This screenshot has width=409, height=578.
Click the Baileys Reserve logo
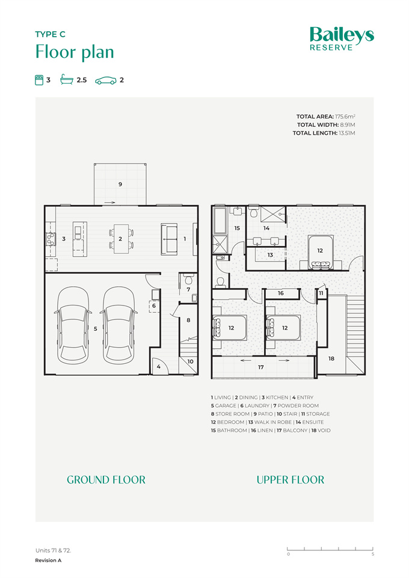342,38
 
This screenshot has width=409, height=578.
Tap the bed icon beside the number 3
39,80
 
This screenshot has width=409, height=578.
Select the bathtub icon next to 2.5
67,79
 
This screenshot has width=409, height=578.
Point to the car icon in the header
106,81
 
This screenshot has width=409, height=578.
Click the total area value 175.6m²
345,117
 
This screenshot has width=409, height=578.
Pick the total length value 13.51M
346,133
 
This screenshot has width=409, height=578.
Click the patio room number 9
120,184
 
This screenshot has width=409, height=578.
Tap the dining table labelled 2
121,239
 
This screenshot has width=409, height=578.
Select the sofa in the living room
169,239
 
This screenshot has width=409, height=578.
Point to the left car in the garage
73,325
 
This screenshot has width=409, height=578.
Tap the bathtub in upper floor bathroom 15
220,221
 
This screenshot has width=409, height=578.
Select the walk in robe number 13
270,255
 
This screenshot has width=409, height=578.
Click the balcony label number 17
261,367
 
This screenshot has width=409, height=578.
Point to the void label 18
331,358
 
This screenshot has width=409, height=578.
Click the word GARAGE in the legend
226,405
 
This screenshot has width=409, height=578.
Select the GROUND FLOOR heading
106,479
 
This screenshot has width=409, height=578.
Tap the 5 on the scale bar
373,554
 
